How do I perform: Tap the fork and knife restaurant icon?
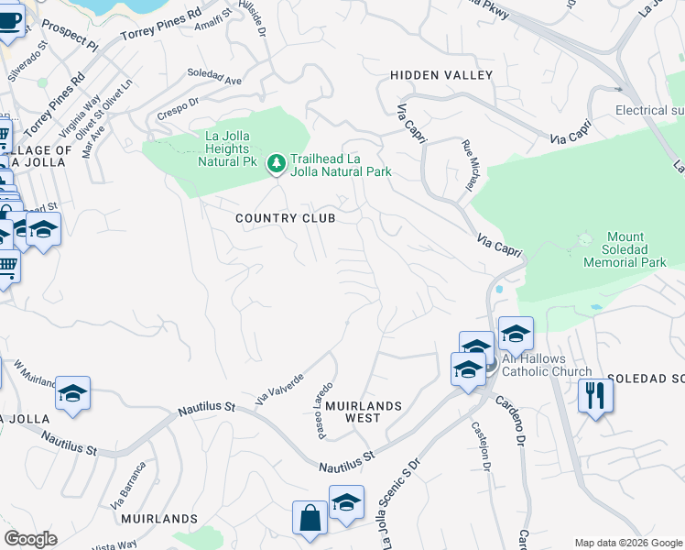tap(595, 396)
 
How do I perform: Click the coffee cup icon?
tap(9, 18)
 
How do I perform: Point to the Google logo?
tap(30, 539)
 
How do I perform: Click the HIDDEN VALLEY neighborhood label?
tap(441, 75)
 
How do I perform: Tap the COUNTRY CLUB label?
tap(285, 218)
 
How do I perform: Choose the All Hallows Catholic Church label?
tap(546, 366)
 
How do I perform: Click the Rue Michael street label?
tap(469, 165)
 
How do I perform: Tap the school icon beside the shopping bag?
tap(346, 503)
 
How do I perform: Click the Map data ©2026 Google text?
tap(627, 542)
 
